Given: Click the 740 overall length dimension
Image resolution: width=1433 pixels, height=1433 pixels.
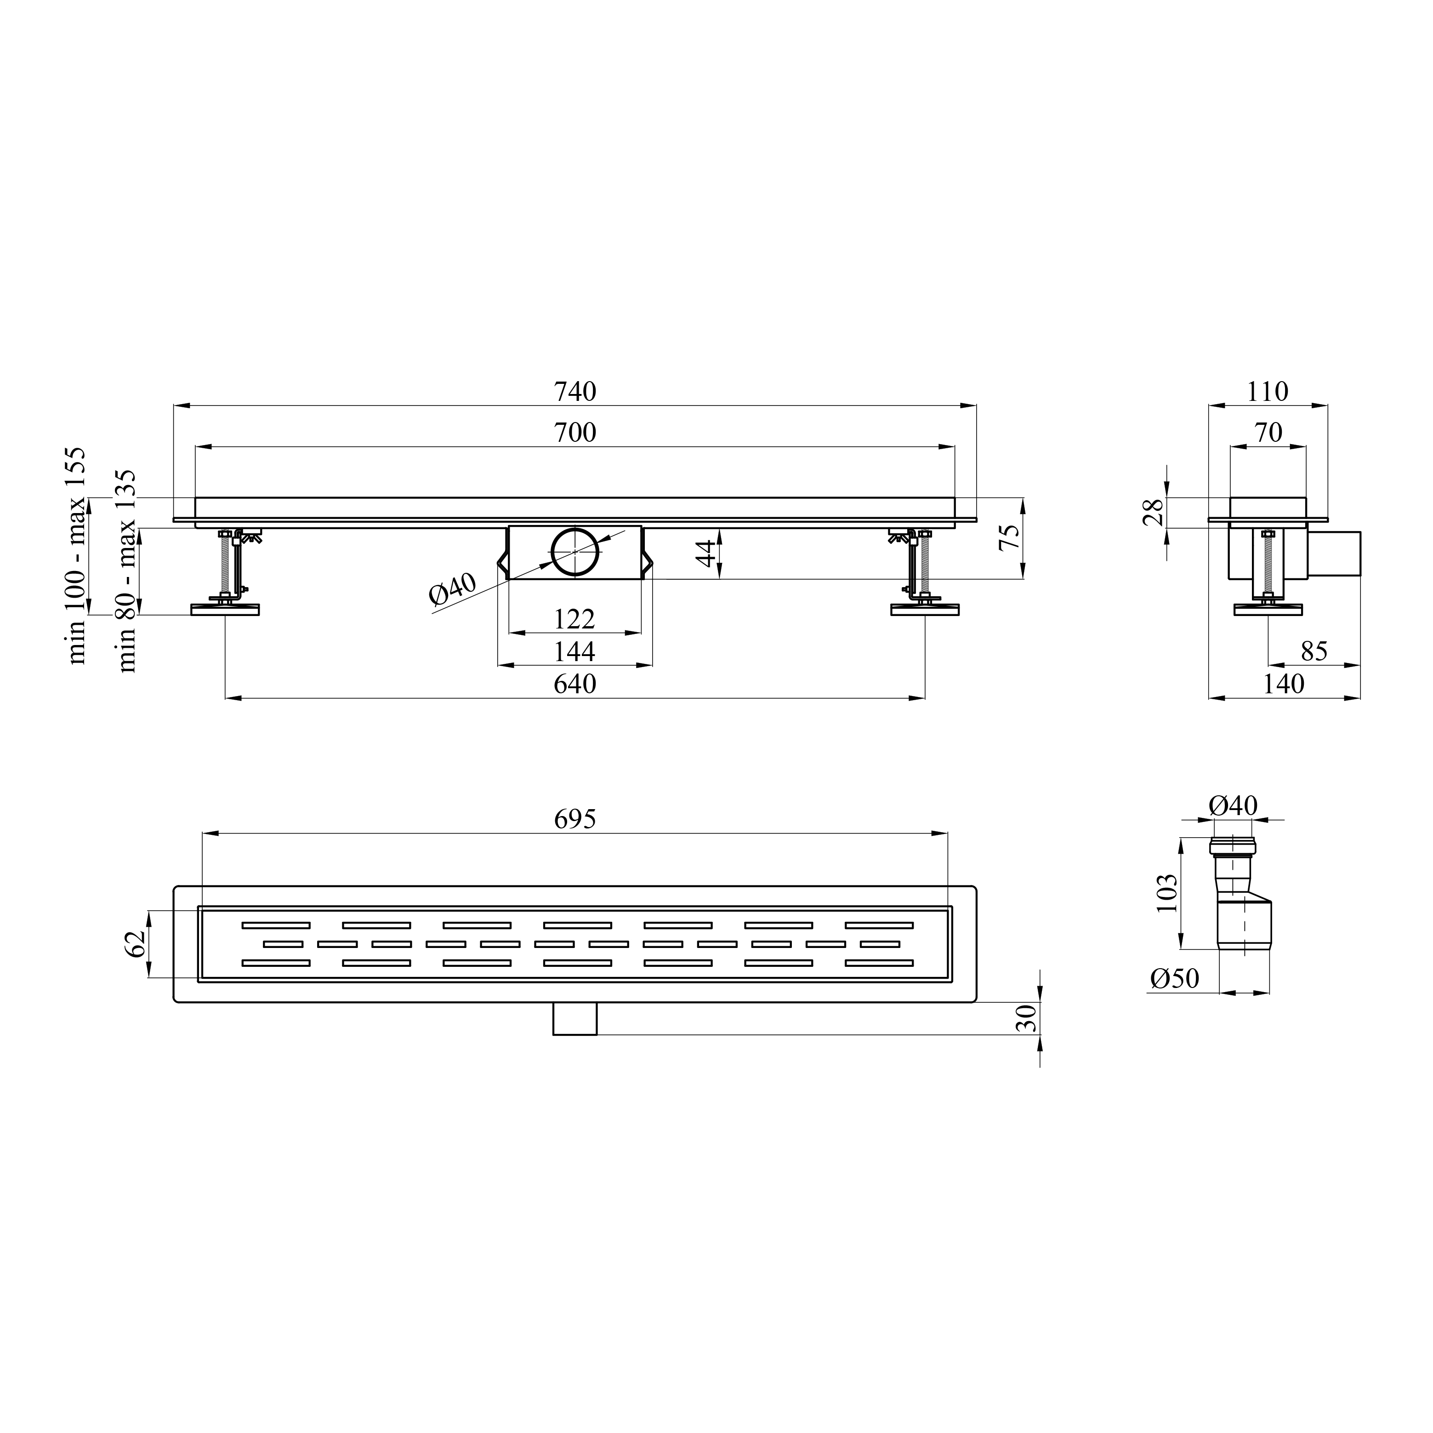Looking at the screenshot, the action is [575, 392].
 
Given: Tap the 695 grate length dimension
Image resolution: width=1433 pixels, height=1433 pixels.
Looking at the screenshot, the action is [575, 819].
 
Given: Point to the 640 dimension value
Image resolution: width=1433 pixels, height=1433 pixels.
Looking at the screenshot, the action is [575, 684].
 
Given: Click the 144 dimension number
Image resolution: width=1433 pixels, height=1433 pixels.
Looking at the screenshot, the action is [575, 651].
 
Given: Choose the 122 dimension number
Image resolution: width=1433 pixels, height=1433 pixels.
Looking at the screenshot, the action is [575, 619].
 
